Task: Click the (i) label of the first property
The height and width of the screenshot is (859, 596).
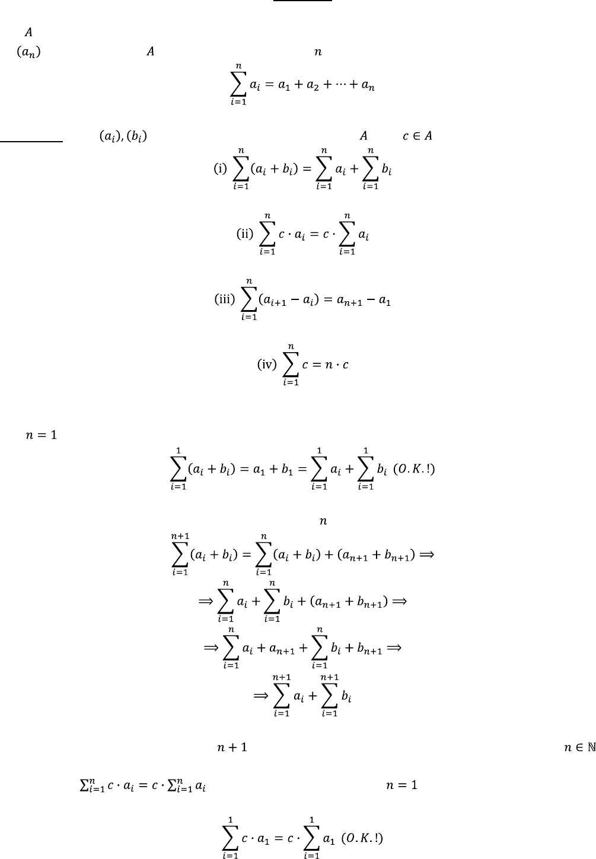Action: point(220,168)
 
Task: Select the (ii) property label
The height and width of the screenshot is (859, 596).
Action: point(245,234)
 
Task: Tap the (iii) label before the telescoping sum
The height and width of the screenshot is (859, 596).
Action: point(225,299)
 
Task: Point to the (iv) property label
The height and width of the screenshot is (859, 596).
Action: point(267,364)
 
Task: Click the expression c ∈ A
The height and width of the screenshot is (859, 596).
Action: point(417,136)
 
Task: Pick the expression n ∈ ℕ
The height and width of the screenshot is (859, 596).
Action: point(579,748)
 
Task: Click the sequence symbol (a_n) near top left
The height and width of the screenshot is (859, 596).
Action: point(28,52)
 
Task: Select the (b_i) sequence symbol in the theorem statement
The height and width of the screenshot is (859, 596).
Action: point(137,136)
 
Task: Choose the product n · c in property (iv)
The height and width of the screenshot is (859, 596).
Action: point(333,365)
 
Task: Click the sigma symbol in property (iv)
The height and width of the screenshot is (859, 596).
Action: point(291,365)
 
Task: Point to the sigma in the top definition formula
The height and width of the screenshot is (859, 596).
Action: point(238,85)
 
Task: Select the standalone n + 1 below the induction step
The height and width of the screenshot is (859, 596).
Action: point(232,748)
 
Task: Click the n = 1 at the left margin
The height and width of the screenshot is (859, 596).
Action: point(41,436)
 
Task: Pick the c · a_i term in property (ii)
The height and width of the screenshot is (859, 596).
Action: point(297,234)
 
